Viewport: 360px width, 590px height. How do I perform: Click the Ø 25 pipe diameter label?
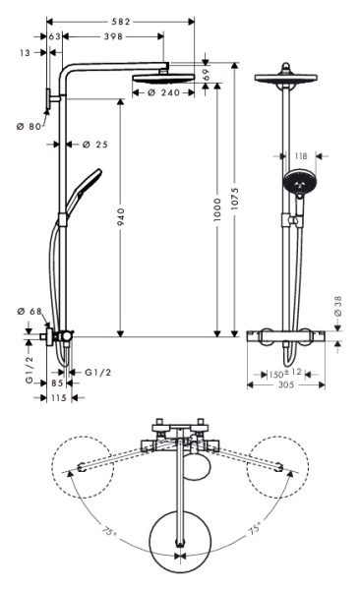pyautogui.click(x=95, y=145)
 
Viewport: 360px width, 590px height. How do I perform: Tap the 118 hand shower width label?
pyautogui.click(x=299, y=154)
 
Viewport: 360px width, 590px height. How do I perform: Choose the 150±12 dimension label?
pyautogui.click(x=285, y=374)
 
